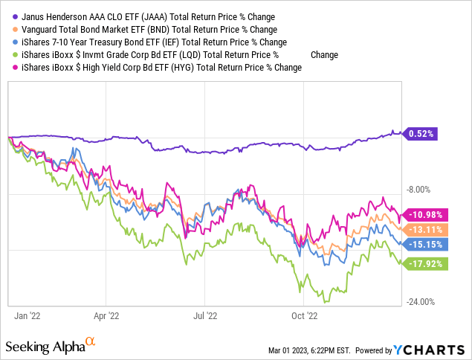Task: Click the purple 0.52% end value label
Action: (421, 134)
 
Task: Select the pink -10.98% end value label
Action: (424, 216)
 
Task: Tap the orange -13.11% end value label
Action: (424, 229)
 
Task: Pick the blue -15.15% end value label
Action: (424, 242)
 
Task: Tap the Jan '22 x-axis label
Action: (28, 315)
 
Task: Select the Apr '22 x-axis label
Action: (106, 315)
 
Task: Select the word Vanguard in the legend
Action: (39, 29)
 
